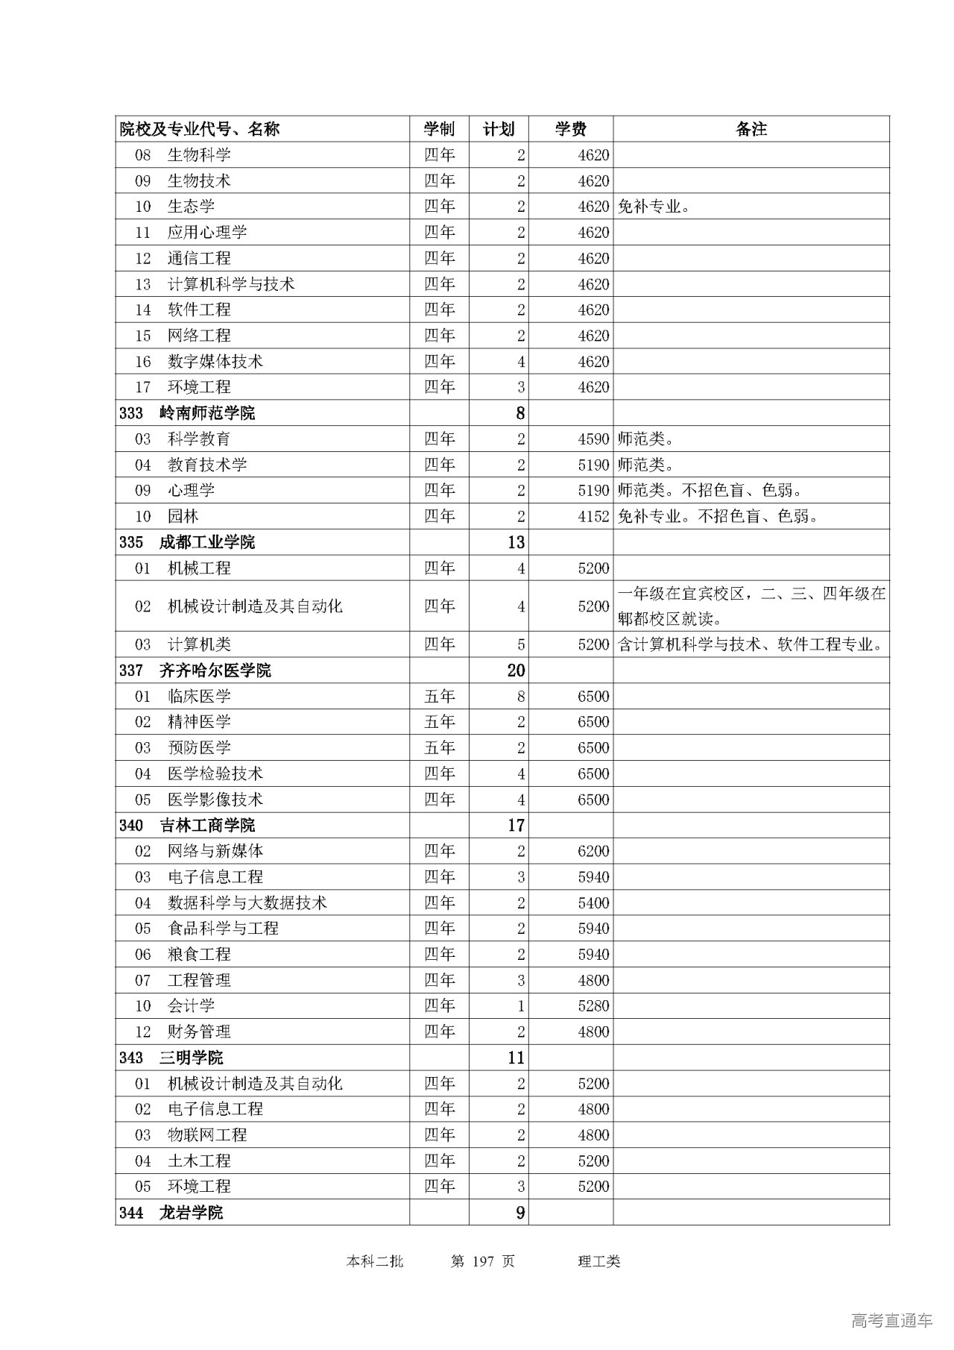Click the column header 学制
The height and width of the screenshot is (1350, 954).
[439, 129]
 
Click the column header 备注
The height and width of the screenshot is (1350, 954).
[751, 129]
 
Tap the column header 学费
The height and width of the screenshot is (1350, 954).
[570, 129]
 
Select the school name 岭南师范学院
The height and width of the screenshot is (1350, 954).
[207, 413]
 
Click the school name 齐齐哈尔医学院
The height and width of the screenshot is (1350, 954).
[215, 671]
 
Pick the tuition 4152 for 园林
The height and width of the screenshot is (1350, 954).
[593, 516]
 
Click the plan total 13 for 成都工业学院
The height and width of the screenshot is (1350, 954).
[516, 542]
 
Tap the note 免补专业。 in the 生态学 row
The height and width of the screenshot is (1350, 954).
[654, 207]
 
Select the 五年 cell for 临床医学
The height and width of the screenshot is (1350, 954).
[439, 697]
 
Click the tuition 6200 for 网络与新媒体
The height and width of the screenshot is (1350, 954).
[593, 851]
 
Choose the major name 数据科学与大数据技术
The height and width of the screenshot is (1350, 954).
[247, 902]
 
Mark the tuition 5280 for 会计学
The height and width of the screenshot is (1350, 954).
[593, 1005]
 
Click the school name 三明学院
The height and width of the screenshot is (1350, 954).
[192, 1058]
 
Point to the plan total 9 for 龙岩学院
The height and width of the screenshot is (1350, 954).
[520, 1213]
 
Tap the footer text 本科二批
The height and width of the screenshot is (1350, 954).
[375, 1261]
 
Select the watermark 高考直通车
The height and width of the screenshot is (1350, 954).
[891, 1321]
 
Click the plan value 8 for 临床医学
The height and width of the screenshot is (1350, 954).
[520, 697]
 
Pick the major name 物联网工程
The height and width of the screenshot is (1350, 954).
[207, 1135]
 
